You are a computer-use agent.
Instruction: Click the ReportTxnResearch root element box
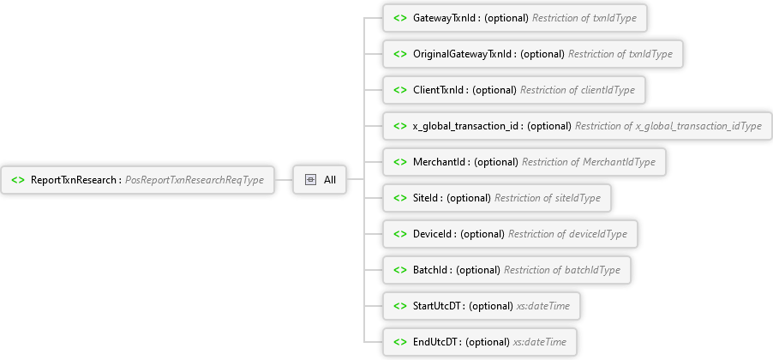(137, 180)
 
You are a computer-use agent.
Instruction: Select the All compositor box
(320, 180)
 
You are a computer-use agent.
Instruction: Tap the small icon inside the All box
(310, 180)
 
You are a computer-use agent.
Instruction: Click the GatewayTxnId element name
(445, 18)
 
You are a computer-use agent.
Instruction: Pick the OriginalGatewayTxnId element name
(463, 54)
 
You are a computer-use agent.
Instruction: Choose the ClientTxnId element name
(439, 90)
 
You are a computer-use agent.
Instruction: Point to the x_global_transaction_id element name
(466, 126)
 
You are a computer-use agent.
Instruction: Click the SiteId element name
(426, 198)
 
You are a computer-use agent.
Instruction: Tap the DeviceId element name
(433, 234)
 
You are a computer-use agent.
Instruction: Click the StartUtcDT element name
(437, 306)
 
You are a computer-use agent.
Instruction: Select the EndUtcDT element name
(435, 342)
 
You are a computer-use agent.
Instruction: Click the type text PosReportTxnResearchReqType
(195, 181)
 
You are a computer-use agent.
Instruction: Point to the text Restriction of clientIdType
(578, 90)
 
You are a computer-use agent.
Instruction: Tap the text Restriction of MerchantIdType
(589, 162)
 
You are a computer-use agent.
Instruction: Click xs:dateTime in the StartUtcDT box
(542, 306)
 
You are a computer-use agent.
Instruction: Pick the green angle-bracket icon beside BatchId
(400, 270)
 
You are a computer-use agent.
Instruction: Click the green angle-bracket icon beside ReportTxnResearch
(18, 180)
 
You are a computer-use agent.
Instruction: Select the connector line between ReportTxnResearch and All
(284, 180)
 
